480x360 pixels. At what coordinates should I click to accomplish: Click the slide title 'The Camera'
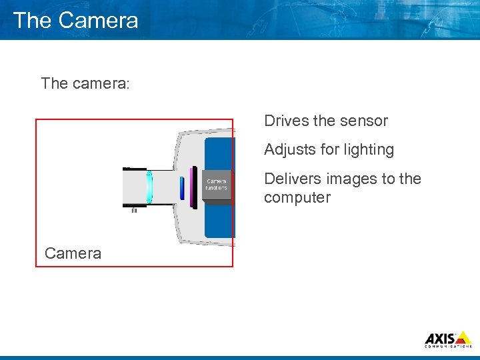click(x=75, y=20)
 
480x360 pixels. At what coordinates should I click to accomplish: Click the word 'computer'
click(x=297, y=197)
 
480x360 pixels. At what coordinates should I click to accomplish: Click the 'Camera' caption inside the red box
click(x=73, y=253)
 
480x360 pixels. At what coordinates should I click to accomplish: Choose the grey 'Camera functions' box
click(x=216, y=185)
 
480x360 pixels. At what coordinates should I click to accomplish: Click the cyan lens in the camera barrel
click(x=149, y=187)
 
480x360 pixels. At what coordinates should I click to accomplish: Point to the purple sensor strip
click(x=193, y=187)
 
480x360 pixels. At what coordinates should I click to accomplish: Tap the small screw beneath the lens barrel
click(x=134, y=210)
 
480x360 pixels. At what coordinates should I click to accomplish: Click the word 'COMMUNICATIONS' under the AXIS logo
click(x=448, y=346)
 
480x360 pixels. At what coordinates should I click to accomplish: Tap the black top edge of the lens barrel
click(x=135, y=168)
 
